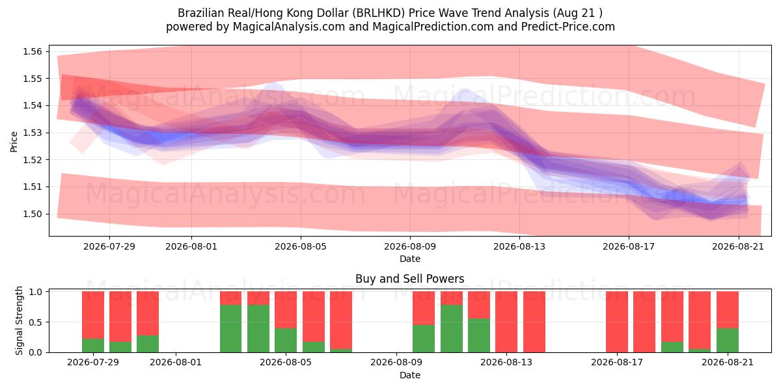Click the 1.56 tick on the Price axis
tap(32, 51)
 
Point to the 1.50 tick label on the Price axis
tap(32, 214)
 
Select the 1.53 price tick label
tap(32, 133)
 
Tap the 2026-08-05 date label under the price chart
tap(301, 246)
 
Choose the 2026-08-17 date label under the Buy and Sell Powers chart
tap(617, 363)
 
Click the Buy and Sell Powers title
tap(409, 279)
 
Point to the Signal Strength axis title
tap(19, 320)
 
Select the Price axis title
tap(14, 142)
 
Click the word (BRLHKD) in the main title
tap(379, 13)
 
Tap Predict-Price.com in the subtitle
tap(568, 27)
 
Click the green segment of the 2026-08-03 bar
tap(231, 329)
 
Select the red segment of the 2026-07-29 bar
tap(93, 315)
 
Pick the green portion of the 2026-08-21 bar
tap(728, 340)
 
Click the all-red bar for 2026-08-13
tap(506, 322)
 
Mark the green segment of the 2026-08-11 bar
tap(452, 329)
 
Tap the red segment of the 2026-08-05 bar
tap(286, 310)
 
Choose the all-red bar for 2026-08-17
tap(617, 322)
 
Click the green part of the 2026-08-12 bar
tap(479, 335)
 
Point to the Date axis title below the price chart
tap(409, 259)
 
